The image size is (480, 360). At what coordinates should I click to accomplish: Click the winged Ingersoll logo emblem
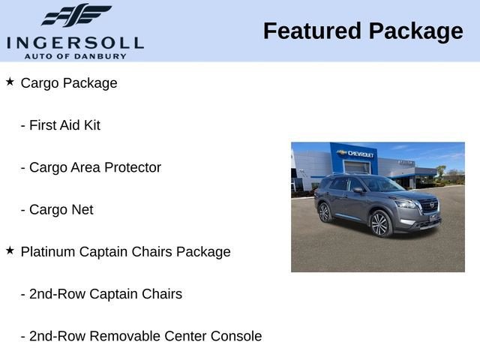coord(75,15)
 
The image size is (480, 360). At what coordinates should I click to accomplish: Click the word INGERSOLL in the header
coord(75,42)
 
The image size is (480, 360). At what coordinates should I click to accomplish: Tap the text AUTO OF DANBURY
coord(75,56)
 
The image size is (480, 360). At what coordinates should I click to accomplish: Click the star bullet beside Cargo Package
coord(10,81)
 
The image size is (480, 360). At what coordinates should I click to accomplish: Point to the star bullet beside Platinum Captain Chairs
coord(10,250)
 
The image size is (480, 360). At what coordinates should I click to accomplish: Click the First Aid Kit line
coord(64,125)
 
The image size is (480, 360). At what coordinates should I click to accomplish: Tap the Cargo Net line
coord(61,210)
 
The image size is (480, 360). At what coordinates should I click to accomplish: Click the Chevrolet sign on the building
coord(358,154)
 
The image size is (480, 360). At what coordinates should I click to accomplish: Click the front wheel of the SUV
coord(380,223)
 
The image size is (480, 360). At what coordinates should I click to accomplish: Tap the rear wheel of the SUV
coord(324,212)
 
